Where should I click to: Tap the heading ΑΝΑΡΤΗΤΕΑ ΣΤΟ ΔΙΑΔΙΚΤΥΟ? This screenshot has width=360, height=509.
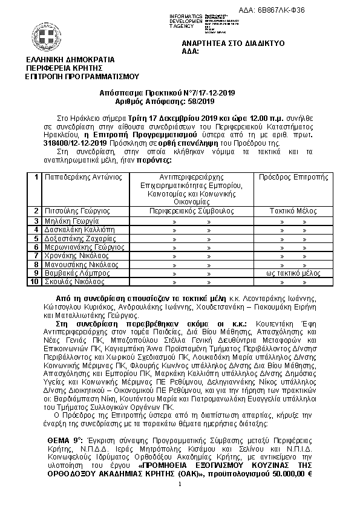[233, 44]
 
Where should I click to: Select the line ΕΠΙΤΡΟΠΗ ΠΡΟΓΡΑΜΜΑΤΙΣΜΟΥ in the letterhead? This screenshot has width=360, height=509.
[82, 76]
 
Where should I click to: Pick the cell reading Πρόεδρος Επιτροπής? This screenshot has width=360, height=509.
[293, 177]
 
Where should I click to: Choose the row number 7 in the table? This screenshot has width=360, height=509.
[37, 256]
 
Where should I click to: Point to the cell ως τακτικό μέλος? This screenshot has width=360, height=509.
[293, 273]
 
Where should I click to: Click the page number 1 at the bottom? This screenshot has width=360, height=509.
[180, 485]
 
